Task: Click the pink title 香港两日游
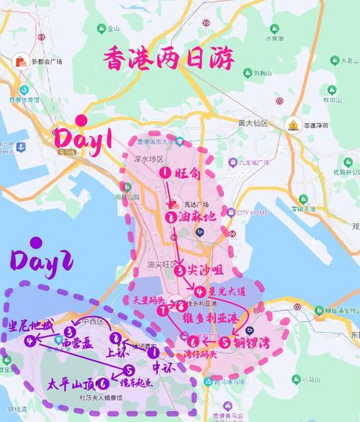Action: (x=169, y=58)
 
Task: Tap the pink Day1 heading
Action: (x=94, y=138)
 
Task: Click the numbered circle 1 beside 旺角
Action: (x=165, y=173)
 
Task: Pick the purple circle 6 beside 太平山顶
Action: (x=105, y=384)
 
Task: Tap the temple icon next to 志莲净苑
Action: (x=294, y=125)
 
